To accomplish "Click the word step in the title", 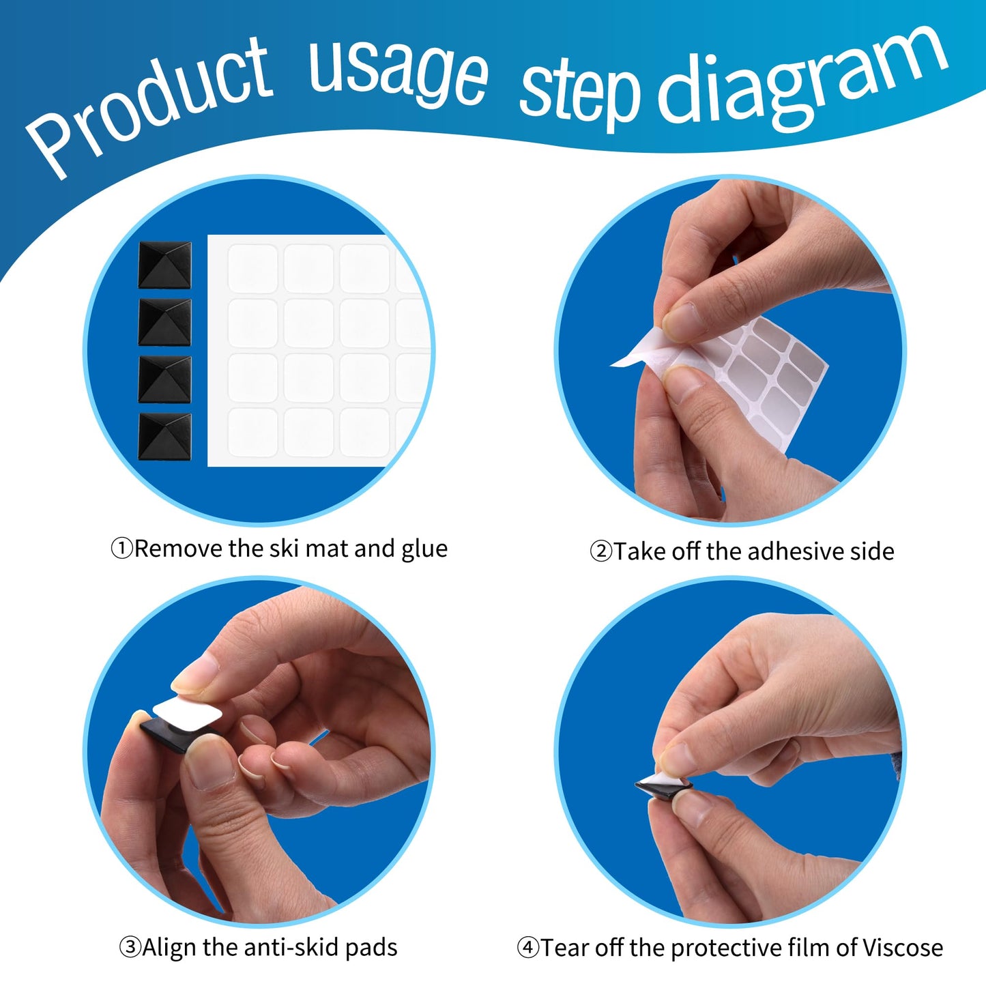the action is pos(581,95).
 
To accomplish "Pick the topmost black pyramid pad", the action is pos(164,265).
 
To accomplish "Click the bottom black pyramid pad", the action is pos(164,437).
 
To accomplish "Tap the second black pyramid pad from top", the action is pos(164,322).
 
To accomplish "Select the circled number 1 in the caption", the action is pos(121,549).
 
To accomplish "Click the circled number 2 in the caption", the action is pos(600,551).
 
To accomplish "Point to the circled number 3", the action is pos(130,947).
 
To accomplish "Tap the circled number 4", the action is pos(527,948).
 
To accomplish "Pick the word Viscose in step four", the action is pos(903,947).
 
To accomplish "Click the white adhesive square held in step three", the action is pos(187,713).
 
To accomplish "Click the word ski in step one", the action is pos(285,549).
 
